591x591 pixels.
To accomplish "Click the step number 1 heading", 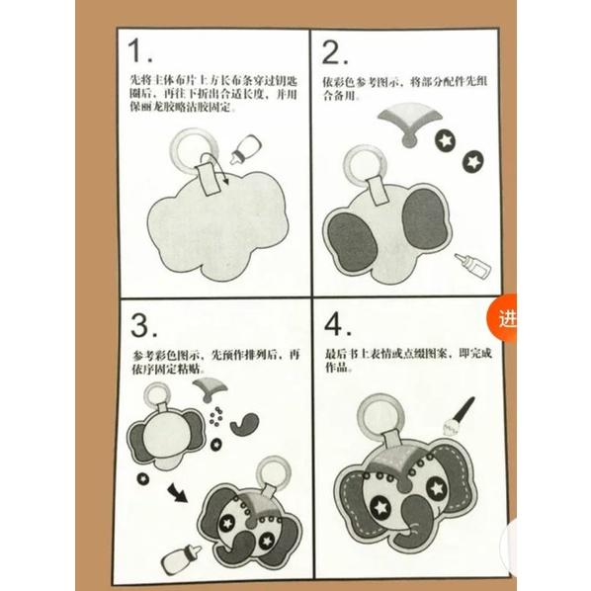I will (x=141, y=52).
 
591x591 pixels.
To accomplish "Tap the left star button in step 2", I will (x=446, y=142).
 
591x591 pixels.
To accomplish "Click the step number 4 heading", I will (x=335, y=326).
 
